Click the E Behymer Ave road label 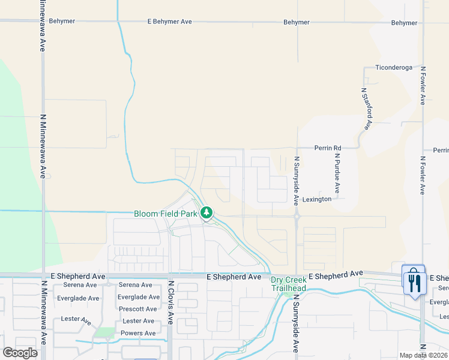click(x=170, y=22)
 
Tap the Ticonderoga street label click(x=394, y=68)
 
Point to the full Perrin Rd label click(x=328, y=148)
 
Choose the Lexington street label click(x=317, y=199)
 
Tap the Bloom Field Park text click(x=165, y=213)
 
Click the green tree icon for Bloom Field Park click(x=206, y=212)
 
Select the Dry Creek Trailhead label click(x=288, y=284)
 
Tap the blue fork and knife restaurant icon click(x=414, y=281)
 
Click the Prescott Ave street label click(x=137, y=309)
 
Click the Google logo click(x=20, y=352)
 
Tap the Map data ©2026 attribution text click(x=423, y=356)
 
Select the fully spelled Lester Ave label click(x=138, y=321)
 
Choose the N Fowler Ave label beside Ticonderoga click(x=423, y=86)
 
